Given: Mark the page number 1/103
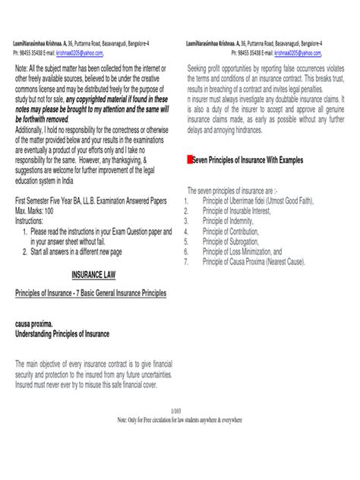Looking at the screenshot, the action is (x=179, y=410).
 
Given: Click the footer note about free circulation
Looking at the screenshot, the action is (x=179, y=419).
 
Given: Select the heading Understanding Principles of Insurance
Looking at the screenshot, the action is (x=62, y=333).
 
